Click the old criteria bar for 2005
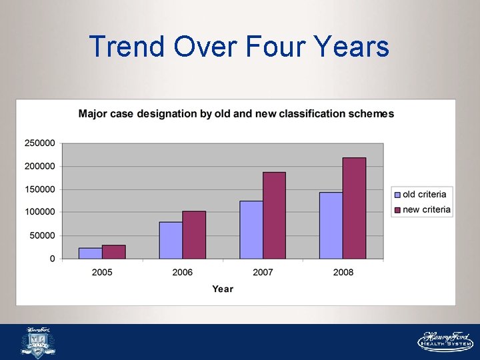pos(91,253)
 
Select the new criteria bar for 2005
pos(114,252)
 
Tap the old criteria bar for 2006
pos(171,240)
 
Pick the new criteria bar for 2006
pos(194,235)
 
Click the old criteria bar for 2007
pos(251,229)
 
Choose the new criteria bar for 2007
pos(274,215)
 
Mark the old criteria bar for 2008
pos(331,225)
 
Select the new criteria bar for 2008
pos(354,208)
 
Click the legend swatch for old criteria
pos(397,195)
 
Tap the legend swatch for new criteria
pos(397,210)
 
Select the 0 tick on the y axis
pos(53,259)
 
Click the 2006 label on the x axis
pos(182,272)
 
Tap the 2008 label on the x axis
pos(343,272)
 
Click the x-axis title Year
pos(223,289)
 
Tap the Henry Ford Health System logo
pos(445,341)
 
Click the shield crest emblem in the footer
pos(39,343)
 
